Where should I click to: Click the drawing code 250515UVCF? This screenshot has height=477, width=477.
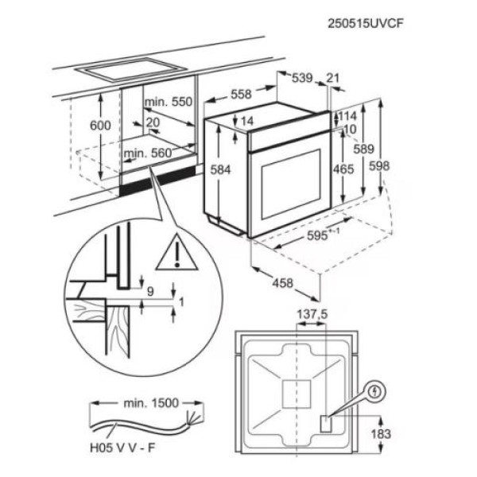(371, 23)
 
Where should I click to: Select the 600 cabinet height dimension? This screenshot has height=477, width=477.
(100, 126)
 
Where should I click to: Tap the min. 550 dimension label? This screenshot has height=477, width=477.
(169, 102)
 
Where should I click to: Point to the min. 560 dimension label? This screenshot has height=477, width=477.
(149, 153)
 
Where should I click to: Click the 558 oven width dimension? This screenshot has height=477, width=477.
(241, 95)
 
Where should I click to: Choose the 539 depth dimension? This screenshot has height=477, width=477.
(301, 78)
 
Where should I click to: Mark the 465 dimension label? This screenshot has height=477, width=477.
(343, 169)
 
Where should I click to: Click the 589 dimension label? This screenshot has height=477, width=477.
(364, 149)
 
